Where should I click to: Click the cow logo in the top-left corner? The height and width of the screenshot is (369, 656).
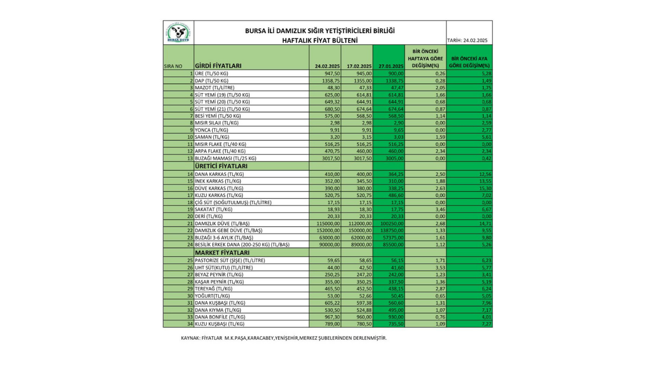click(178, 33)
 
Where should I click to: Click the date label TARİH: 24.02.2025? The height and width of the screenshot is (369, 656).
click(469, 40)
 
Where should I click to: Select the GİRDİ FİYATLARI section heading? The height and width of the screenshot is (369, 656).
click(218, 66)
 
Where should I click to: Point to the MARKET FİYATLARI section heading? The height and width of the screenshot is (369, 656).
click(222, 253)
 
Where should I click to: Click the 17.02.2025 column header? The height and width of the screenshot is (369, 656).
click(359, 66)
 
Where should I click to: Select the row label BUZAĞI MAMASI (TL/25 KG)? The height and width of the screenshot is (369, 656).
click(225, 158)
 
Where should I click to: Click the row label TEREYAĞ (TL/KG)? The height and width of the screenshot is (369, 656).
click(213, 289)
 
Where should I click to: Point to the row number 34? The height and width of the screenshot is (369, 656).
click(190, 324)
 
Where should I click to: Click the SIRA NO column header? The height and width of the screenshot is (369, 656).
click(172, 66)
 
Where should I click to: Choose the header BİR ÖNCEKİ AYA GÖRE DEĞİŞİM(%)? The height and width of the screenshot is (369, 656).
click(469, 62)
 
